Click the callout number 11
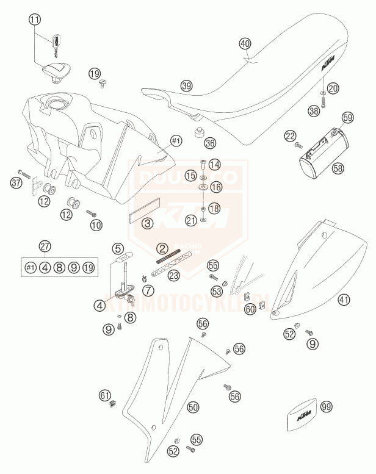click(35, 20)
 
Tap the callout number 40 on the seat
click(245, 44)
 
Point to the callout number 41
click(344, 300)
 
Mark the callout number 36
click(209, 143)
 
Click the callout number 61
click(105, 396)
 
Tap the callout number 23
click(174, 275)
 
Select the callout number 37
click(16, 181)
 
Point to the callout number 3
click(148, 223)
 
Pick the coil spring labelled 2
click(168, 257)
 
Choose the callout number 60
click(250, 309)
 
